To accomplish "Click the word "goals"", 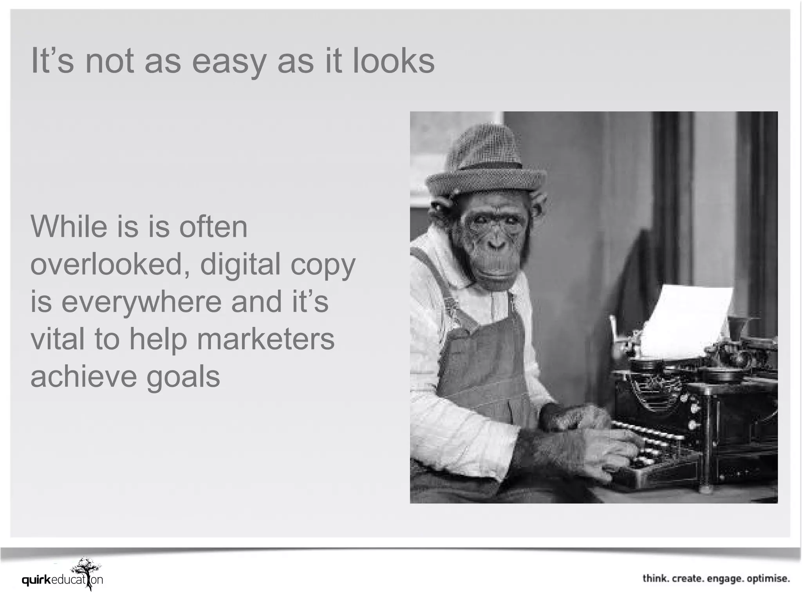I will coord(183,377).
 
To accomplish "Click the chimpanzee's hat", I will coord(486,165).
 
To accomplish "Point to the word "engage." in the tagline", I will coord(724,578).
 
